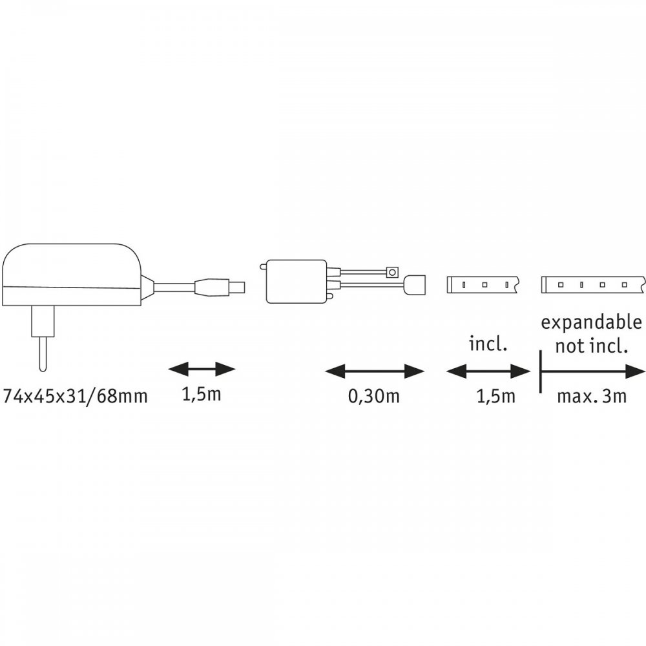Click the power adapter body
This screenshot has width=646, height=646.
pos(71,275)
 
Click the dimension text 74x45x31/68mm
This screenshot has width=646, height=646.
pos(75,396)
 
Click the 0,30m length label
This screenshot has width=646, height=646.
pos(373,396)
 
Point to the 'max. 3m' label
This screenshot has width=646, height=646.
pos(591,396)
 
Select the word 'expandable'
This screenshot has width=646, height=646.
pos(591,322)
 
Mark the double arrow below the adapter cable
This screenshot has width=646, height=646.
pos(202,370)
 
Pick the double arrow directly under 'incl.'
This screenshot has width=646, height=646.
pos(488,371)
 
